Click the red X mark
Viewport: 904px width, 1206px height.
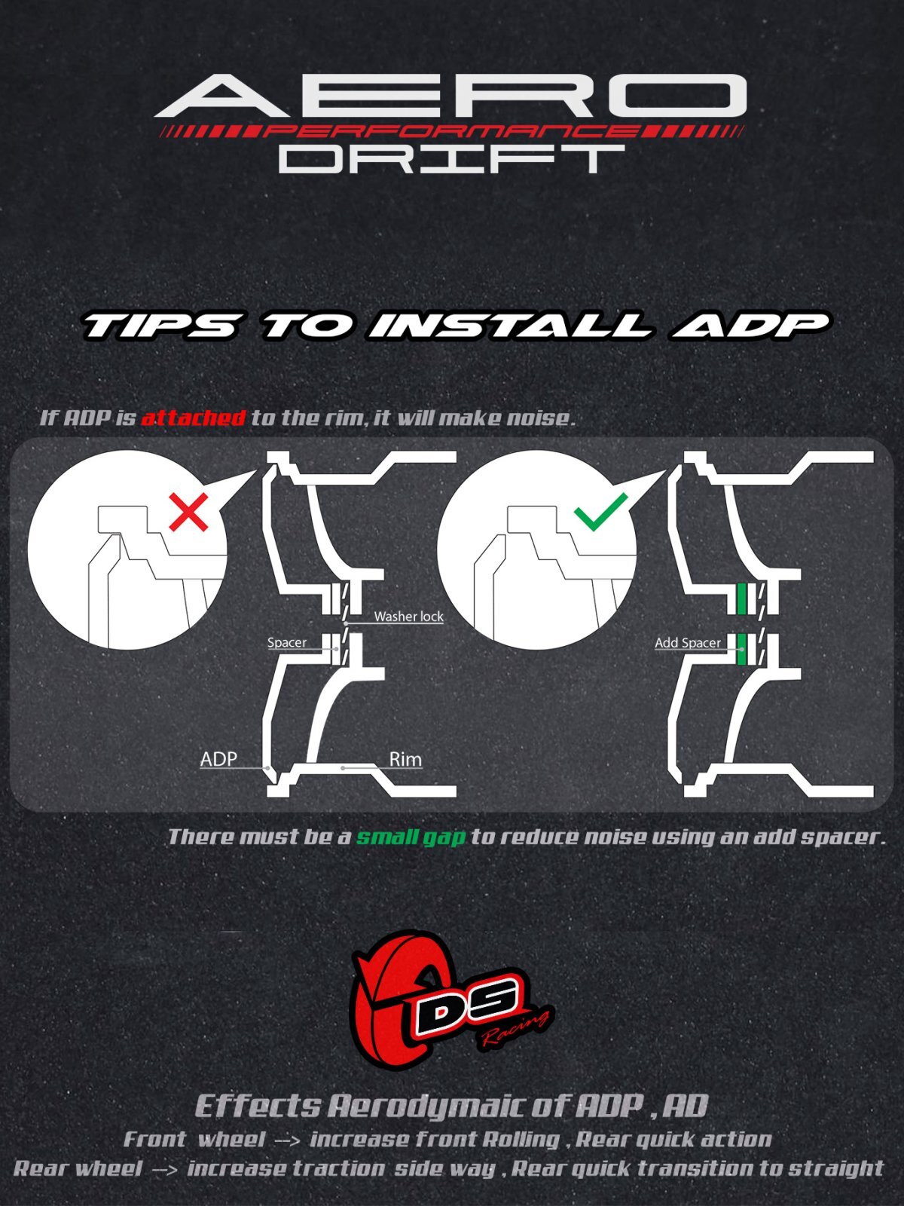[188, 512]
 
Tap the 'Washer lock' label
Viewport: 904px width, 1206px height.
[408, 617]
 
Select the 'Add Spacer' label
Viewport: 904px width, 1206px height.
[688, 643]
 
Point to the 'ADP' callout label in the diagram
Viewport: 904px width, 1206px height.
[218, 759]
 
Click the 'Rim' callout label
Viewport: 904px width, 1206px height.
[405, 759]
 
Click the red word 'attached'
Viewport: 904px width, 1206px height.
[193, 418]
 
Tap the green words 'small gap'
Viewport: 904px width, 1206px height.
[411, 837]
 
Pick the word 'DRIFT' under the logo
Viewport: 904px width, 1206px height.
[452, 159]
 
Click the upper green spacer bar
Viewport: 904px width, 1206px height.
[742, 598]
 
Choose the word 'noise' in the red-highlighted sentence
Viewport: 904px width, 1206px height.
[537, 418]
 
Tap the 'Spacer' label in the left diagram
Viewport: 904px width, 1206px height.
[286, 642]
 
